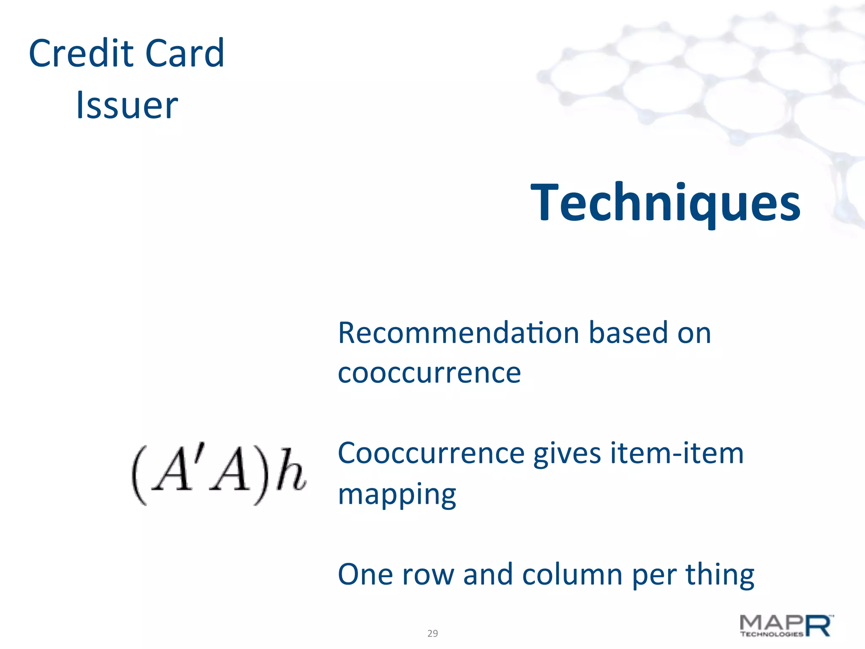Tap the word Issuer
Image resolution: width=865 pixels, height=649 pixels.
127,105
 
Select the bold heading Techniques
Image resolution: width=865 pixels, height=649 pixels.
665,202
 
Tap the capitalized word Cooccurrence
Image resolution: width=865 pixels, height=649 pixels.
431,453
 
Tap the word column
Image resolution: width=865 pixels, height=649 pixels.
572,575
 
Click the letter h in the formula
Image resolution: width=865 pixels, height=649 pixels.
291,471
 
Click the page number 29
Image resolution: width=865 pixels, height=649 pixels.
432,633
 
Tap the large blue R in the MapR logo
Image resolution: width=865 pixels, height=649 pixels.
819,626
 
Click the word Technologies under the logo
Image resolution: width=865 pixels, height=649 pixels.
771,634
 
